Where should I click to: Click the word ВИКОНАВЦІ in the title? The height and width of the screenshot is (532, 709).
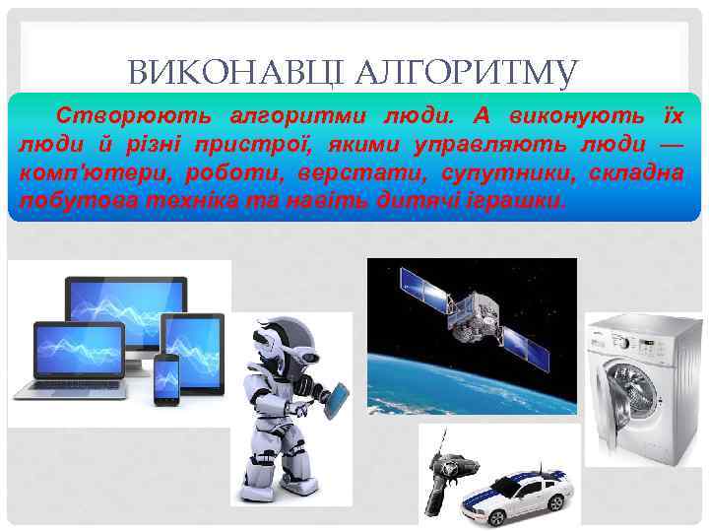231,72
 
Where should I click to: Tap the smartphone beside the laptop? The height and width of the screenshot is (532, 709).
166,378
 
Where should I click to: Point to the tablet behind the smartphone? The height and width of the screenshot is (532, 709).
195,345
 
